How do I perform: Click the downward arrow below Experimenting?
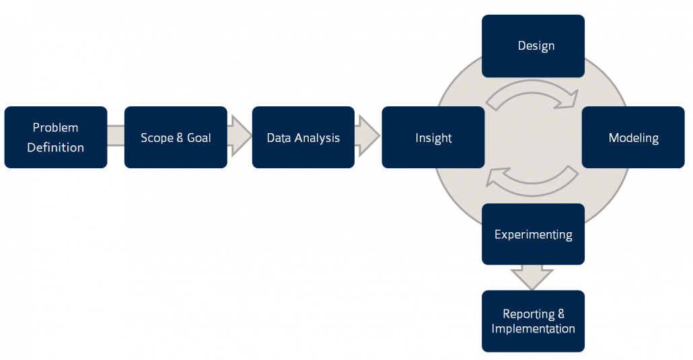pos(532,277)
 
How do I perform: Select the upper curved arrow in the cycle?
pos(532,98)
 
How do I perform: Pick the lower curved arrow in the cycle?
pos(532,178)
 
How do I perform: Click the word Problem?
pos(55,128)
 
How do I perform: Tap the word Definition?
pos(55,147)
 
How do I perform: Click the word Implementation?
pos(533,329)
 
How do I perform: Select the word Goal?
pos(198,138)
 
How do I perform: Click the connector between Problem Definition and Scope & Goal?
pos(116,137)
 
